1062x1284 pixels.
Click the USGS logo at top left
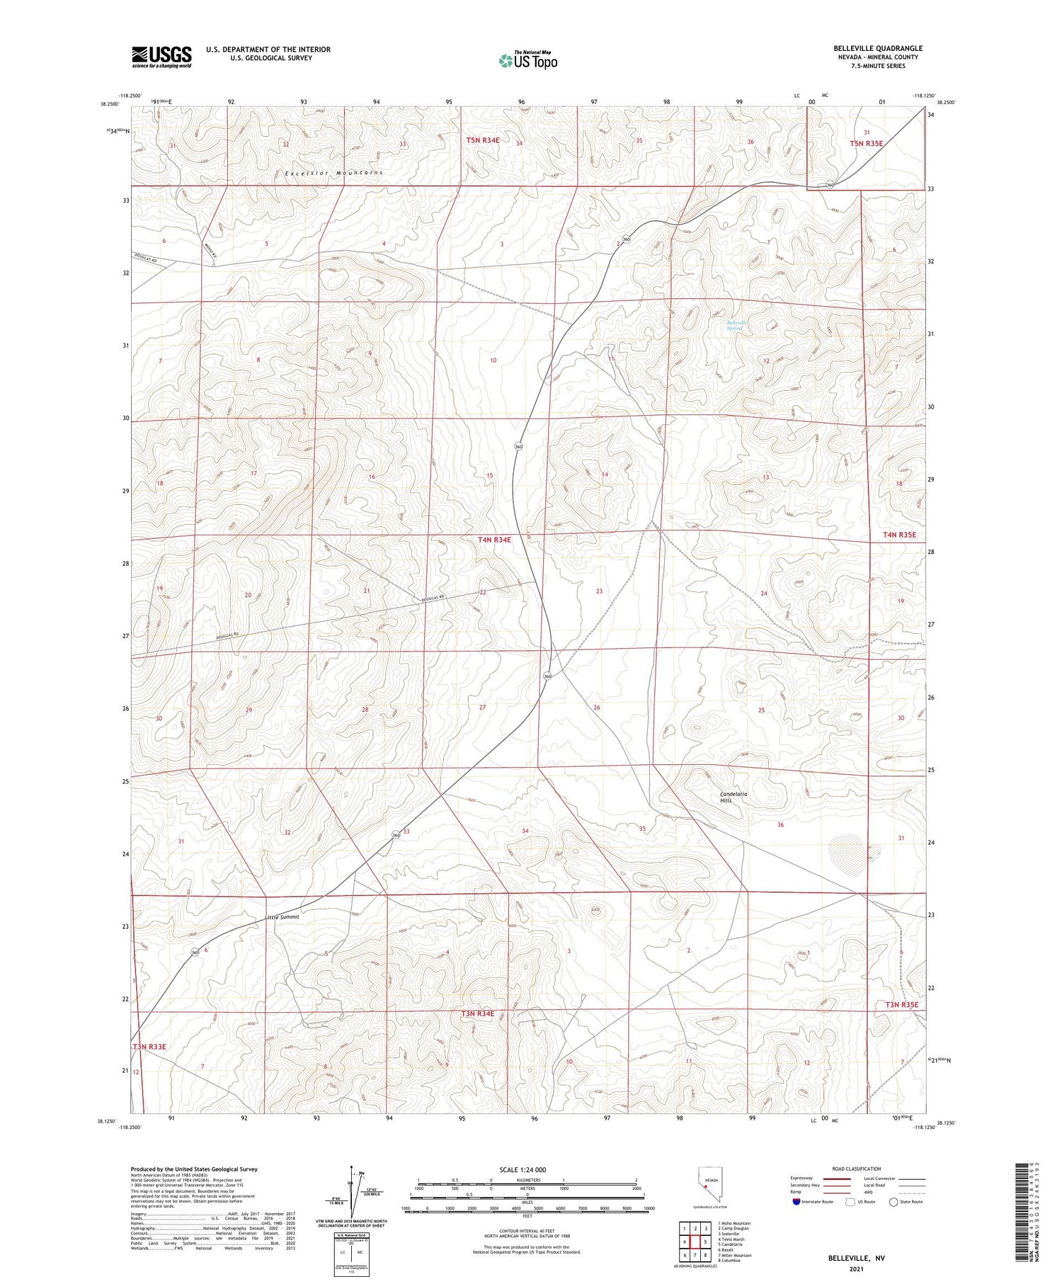pos(161,57)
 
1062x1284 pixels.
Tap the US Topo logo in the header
pos(527,61)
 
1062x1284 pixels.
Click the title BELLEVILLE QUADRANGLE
pos(877,48)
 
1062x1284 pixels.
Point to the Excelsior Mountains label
pos(334,173)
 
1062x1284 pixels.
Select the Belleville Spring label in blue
pos(737,326)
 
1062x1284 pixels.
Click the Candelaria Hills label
pos(733,797)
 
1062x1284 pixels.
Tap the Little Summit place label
pos(282,916)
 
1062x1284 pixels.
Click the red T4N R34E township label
pos(494,540)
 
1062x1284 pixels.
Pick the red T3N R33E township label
pos(149,1046)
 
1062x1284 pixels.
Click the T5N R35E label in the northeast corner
pos(867,144)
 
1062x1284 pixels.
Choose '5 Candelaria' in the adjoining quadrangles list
pos(730,1244)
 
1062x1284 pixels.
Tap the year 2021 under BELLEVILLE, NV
pos(856,1269)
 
